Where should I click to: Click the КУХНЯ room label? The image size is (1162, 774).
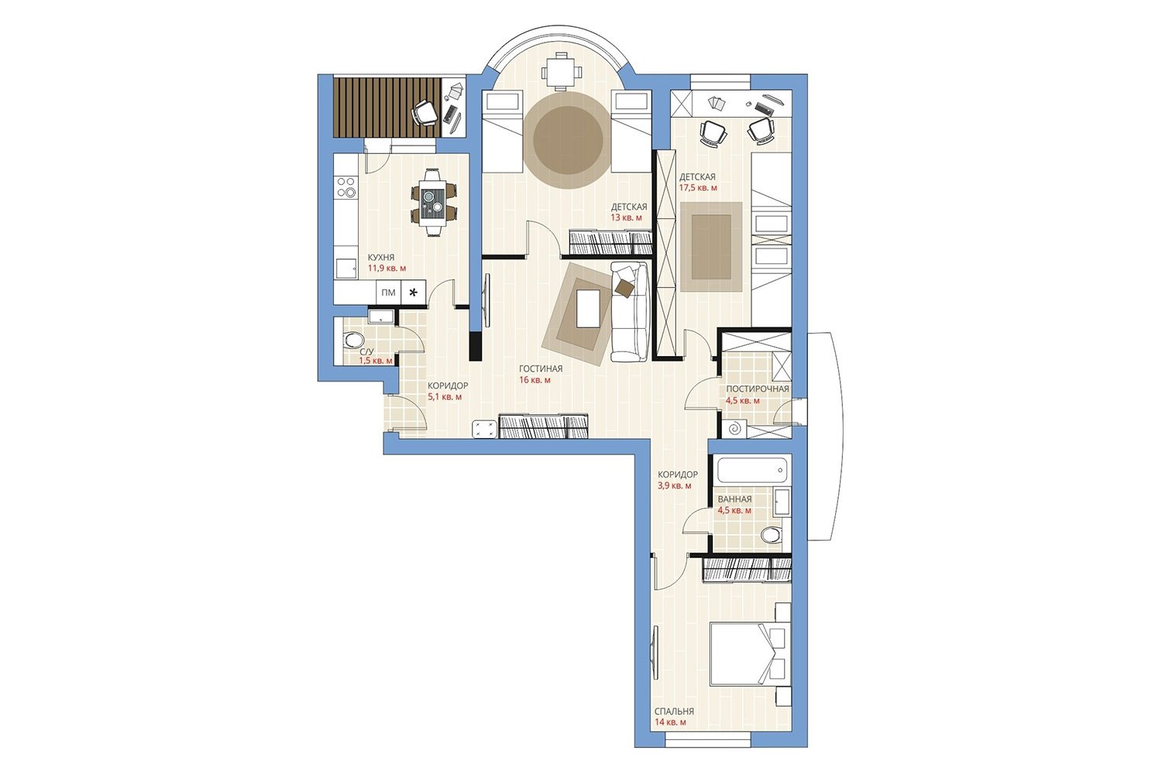click(x=381, y=257)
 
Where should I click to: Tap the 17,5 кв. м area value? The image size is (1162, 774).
click(x=698, y=188)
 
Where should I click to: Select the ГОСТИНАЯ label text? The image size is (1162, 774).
click(x=541, y=369)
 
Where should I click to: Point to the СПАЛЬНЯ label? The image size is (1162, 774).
click(x=674, y=712)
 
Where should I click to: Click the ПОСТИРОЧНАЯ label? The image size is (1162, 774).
click(x=758, y=389)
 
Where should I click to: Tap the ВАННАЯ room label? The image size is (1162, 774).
click(x=734, y=499)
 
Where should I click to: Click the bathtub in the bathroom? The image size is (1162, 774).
click(x=753, y=471)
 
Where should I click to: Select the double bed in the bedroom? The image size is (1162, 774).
click(x=750, y=654)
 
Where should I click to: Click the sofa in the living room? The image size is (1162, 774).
click(x=629, y=312)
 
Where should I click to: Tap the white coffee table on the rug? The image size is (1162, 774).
click(x=588, y=309)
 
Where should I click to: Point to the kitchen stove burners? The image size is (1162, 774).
click(x=346, y=187)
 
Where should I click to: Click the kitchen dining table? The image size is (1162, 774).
click(x=432, y=202)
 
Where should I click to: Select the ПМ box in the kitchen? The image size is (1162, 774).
click(x=388, y=293)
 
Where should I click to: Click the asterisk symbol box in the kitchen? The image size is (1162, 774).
click(x=414, y=293)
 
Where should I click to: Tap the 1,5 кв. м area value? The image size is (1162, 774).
click(x=376, y=361)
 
